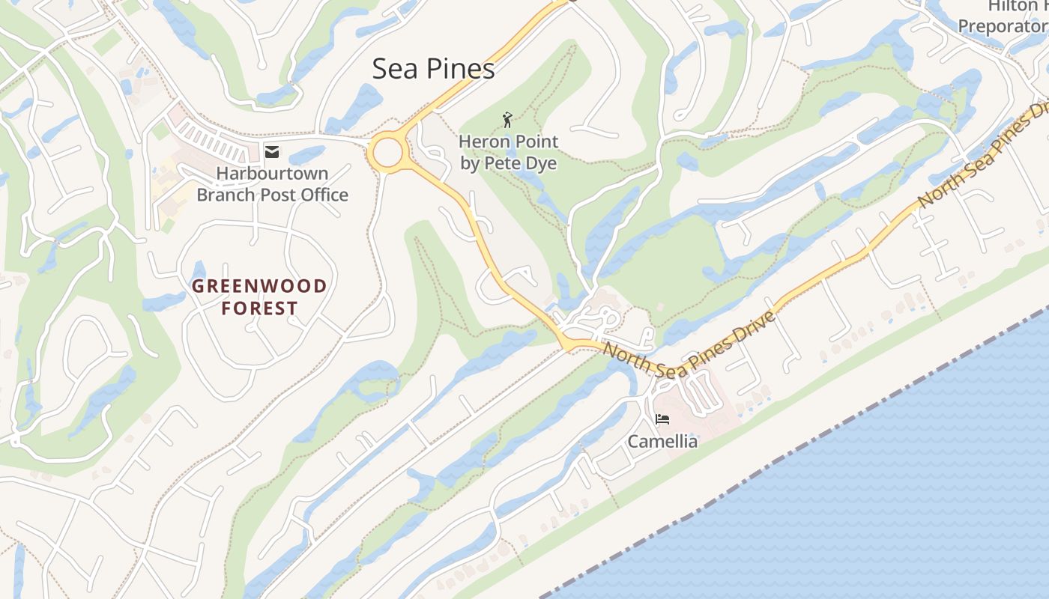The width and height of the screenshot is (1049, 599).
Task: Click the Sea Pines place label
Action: (x=433, y=69)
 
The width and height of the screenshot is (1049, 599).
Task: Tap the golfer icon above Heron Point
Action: (x=508, y=120)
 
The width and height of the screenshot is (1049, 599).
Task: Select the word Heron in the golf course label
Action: (x=481, y=142)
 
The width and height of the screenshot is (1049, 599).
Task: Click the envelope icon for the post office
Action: (x=272, y=152)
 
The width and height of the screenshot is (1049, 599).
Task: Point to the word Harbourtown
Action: (x=272, y=174)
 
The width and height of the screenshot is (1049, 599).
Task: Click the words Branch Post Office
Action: (x=272, y=195)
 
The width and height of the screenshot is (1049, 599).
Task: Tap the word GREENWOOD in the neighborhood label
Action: (x=259, y=286)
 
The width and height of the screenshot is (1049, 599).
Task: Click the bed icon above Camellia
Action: (x=662, y=419)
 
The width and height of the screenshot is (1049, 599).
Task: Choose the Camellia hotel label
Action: (x=662, y=441)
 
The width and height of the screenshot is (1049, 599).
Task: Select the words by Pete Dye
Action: (x=508, y=163)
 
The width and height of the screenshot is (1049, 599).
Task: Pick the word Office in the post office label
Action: (x=323, y=195)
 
